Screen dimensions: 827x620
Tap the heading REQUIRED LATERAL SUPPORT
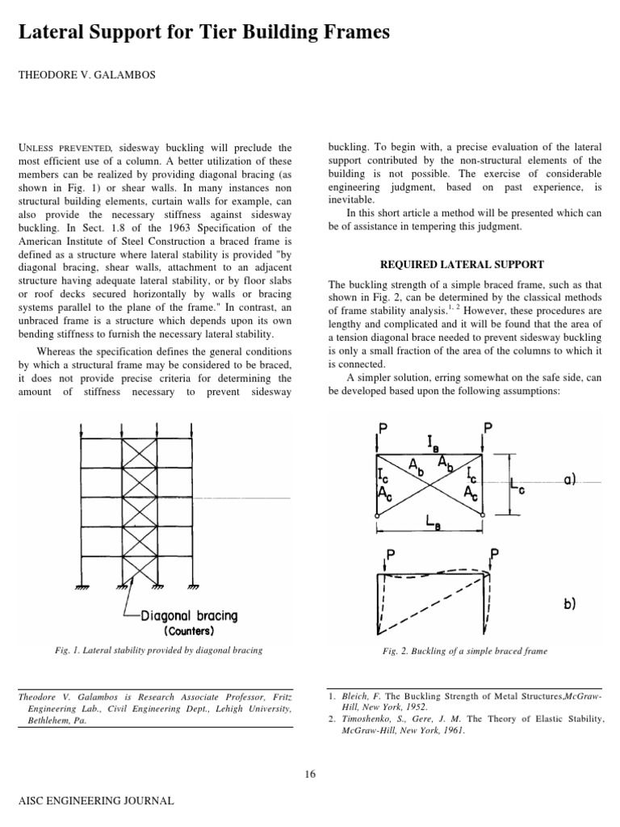pos(462,264)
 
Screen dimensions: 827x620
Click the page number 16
pos(310,774)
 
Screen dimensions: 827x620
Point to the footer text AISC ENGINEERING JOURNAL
pos(90,801)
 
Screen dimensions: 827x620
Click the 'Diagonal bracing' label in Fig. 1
pos(190,615)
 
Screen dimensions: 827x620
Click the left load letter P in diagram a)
pos(385,428)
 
